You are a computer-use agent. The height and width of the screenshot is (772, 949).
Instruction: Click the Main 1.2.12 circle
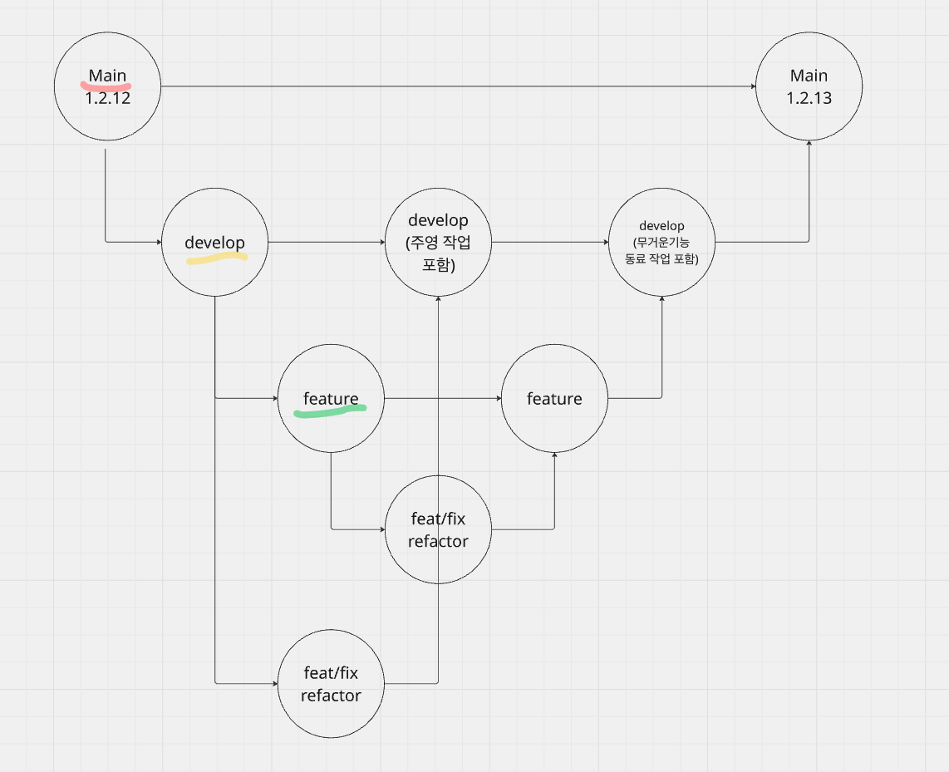pos(107,86)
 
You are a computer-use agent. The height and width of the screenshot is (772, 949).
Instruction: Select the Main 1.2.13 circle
pos(809,86)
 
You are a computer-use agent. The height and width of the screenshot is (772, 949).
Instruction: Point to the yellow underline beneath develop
pos(216,259)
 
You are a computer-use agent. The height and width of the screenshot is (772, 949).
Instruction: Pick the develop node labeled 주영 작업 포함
pos(438,242)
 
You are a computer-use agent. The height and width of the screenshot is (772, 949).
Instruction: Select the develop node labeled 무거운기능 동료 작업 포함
pos(661,242)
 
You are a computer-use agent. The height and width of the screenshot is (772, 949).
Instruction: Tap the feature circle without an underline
pos(554,399)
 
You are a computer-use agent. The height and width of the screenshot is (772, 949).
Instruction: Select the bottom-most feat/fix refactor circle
pos(331,684)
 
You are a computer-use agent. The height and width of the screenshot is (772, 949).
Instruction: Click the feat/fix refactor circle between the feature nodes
pos(438,529)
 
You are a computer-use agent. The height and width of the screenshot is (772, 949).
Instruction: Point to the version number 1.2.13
pos(809,98)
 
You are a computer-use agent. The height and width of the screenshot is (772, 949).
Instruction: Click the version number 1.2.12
pos(107,97)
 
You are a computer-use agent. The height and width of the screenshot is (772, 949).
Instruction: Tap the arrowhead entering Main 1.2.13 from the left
pos(752,86)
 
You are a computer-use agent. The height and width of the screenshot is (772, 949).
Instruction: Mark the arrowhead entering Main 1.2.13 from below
pos(809,144)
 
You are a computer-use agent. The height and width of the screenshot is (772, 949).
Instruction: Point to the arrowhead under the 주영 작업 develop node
pos(438,298)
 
